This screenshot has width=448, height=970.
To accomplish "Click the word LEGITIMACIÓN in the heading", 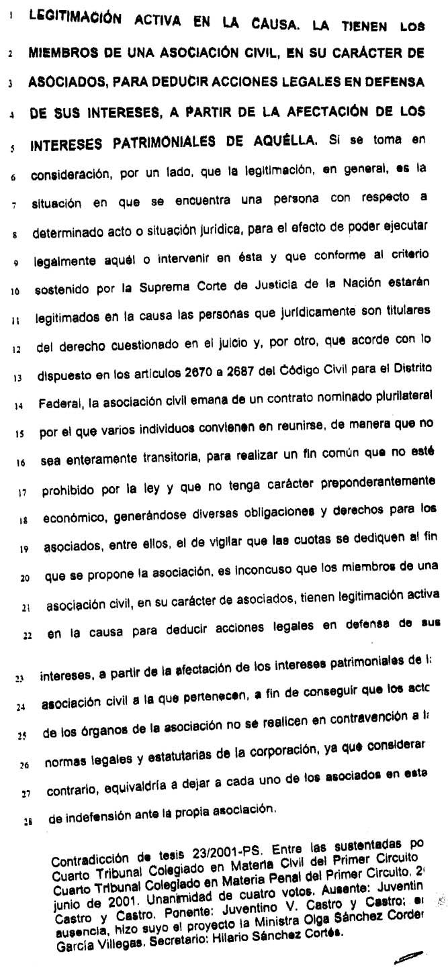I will [75, 20].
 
